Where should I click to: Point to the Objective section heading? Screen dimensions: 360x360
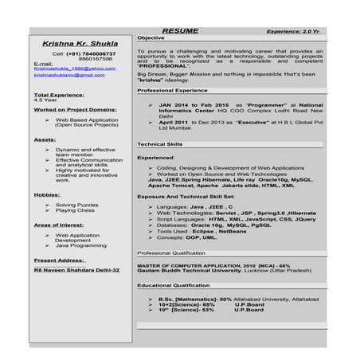[x=151, y=38]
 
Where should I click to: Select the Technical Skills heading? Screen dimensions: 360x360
[x=159, y=143]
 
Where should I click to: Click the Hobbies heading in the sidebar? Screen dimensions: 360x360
[x=48, y=194]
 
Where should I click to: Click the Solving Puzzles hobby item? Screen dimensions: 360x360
[x=77, y=205]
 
